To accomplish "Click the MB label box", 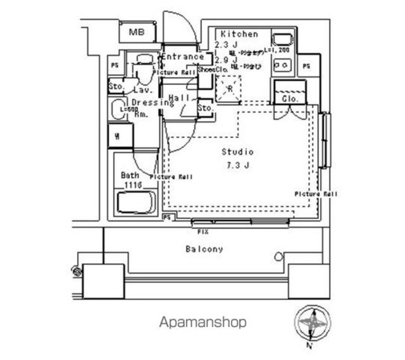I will click(x=135, y=32).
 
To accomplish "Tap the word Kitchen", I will click(x=239, y=34).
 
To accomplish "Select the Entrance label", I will click(x=183, y=56).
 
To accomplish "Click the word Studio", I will click(x=237, y=152).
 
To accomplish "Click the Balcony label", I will click(x=204, y=249).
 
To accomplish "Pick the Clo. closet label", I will click(x=290, y=99).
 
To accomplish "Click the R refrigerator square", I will click(x=228, y=88).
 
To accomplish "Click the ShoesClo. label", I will click(x=212, y=69).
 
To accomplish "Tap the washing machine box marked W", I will click(x=119, y=135).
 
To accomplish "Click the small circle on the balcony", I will click(x=277, y=256).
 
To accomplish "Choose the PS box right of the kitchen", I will click(x=307, y=65).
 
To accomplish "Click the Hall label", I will click(x=180, y=99).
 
